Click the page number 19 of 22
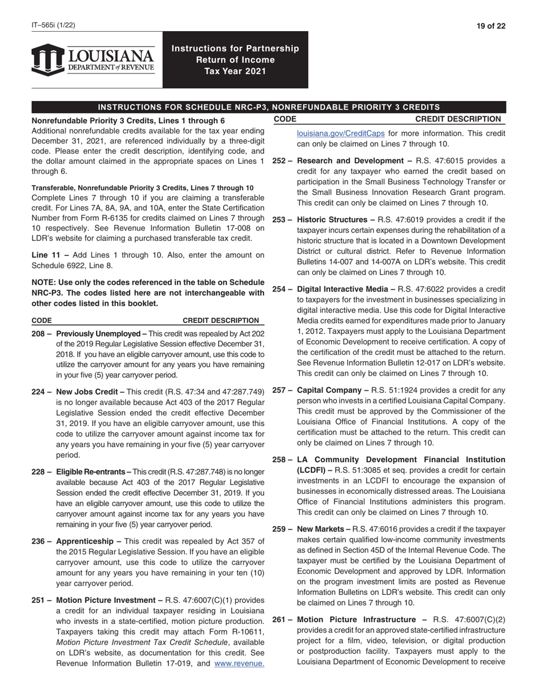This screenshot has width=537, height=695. click(x=490, y=25)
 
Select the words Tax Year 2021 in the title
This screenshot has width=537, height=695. click(x=235, y=71)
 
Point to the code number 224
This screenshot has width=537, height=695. click(x=38, y=392)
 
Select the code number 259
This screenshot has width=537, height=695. click(x=280, y=529)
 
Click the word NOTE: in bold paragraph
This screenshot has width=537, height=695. click(x=45, y=282)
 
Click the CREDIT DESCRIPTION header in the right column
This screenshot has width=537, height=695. click(x=458, y=119)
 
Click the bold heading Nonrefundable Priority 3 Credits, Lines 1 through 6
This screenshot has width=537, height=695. click(x=128, y=121)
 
